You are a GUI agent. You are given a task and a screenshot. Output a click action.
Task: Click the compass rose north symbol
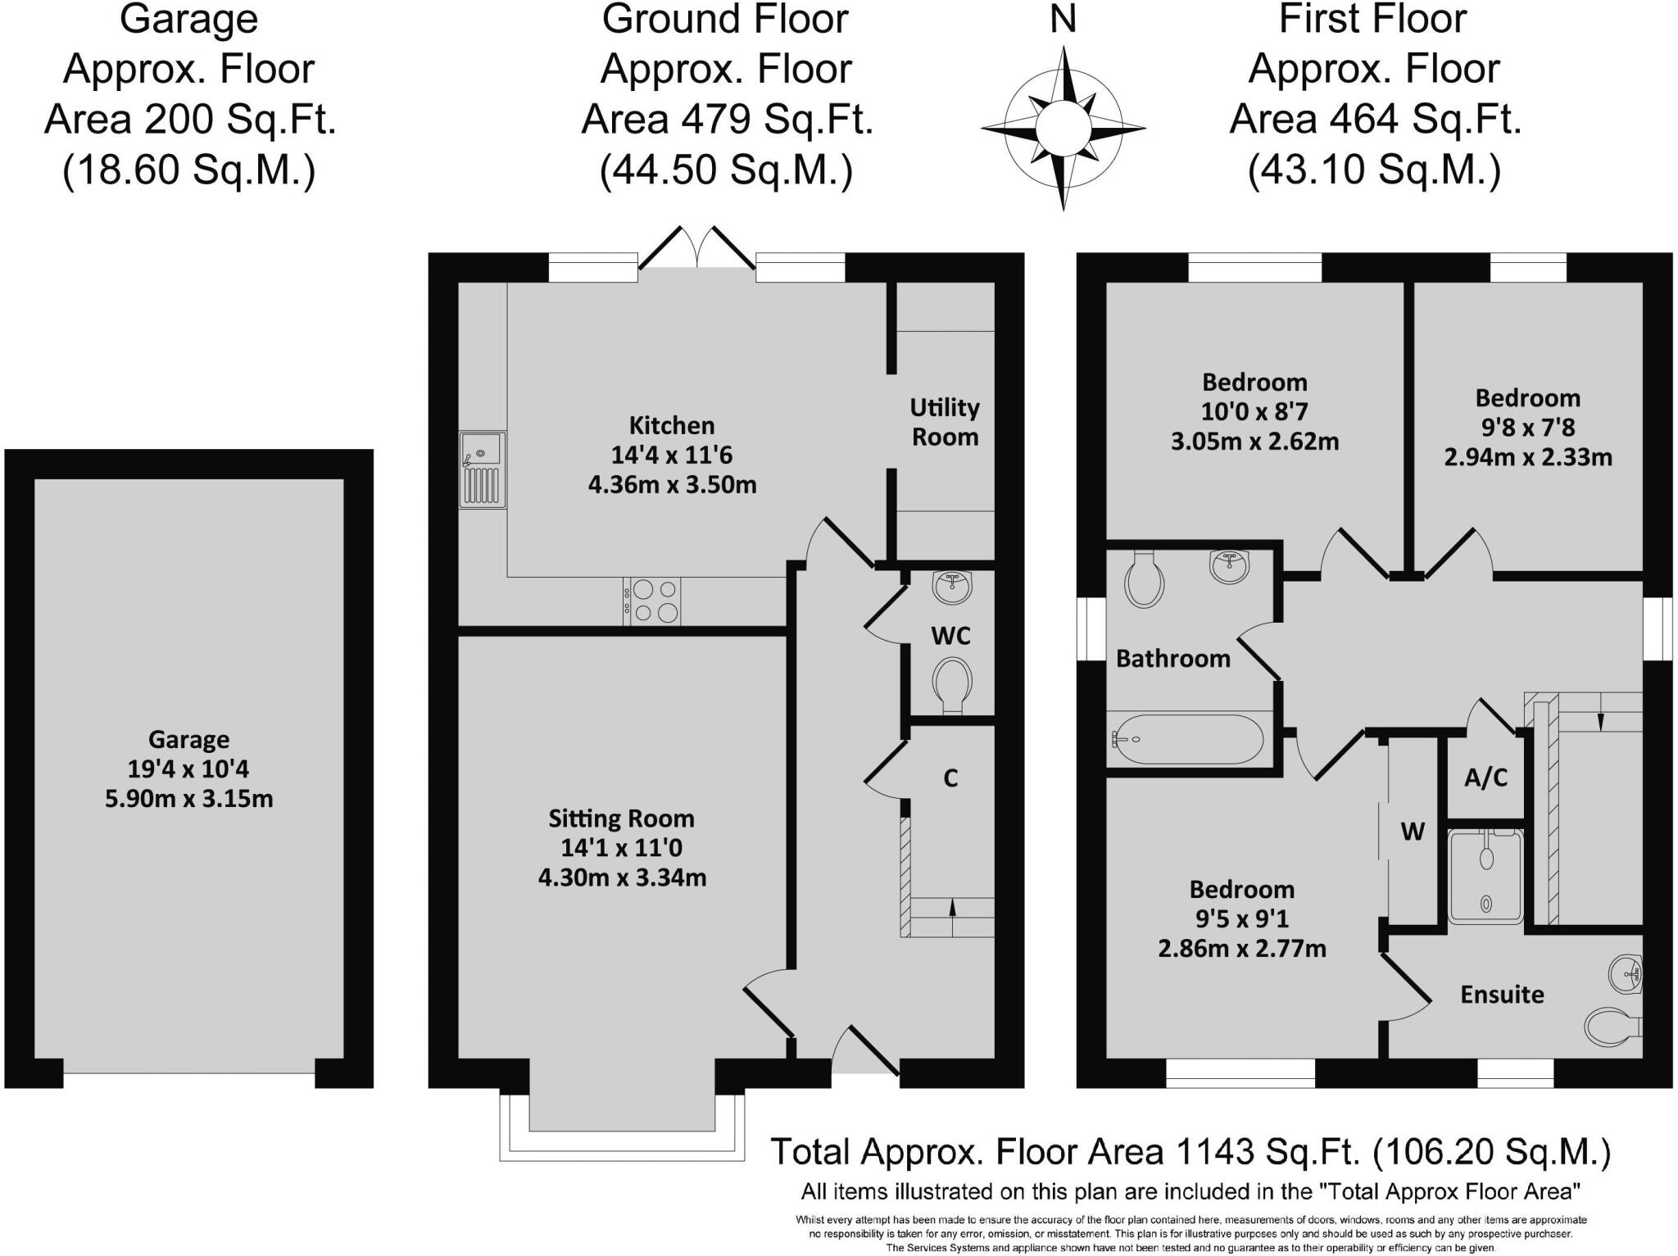pyautogui.click(x=1063, y=127)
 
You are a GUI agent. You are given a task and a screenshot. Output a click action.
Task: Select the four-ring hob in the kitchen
pyautogui.click(x=652, y=601)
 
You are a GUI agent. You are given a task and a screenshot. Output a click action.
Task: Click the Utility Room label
pyautogui.click(x=945, y=422)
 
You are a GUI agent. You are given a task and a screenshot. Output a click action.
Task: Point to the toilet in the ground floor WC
pyautogui.click(x=951, y=683)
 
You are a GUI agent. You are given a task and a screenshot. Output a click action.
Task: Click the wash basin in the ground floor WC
pyautogui.click(x=952, y=587)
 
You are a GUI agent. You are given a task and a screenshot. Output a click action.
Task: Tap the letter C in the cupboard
pyautogui.click(x=950, y=778)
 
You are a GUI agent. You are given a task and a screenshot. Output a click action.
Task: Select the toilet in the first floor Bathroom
pyautogui.click(x=1145, y=580)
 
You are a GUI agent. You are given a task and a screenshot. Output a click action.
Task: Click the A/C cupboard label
pyautogui.click(x=1485, y=778)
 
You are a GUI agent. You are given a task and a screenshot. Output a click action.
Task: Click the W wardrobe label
pyautogui.click(x=1413, y=832)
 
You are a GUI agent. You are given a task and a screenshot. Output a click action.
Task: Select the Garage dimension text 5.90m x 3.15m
pyautogui.click(x=188, y=798)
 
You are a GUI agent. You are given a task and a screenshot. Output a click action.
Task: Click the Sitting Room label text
pyautogui.click(x=621, y=818)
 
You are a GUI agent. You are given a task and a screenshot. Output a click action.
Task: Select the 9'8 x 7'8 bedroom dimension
pyautogui.click(x=1527, y=427)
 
